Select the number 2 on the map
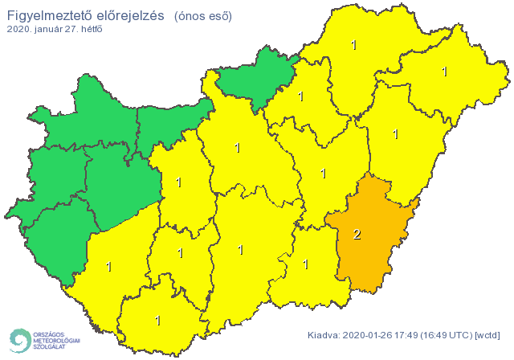coord(357,235)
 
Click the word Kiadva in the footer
coord(324,334)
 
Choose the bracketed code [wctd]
coord(488,334)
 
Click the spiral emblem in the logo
coord(19,341)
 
